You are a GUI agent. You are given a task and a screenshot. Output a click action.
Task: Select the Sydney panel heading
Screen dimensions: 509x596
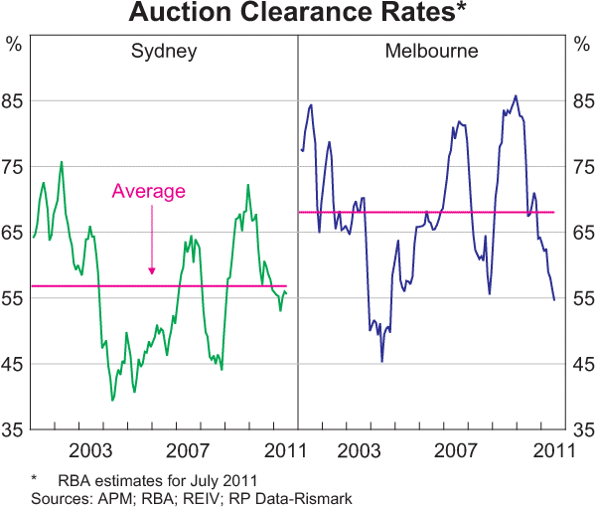164,52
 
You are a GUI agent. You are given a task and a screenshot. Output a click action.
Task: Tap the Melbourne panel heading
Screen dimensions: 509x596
431,52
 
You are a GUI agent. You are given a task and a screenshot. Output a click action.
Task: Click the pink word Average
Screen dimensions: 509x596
149,191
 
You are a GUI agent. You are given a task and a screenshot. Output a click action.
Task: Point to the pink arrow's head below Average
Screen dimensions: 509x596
152,269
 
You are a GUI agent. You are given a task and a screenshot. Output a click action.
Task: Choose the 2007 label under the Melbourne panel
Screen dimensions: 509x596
458,449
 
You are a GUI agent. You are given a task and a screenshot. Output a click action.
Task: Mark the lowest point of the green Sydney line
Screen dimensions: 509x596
112,400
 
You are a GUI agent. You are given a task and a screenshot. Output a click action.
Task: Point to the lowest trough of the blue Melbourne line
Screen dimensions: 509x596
382,361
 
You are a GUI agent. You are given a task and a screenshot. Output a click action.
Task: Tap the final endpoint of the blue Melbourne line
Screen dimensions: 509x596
554,299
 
